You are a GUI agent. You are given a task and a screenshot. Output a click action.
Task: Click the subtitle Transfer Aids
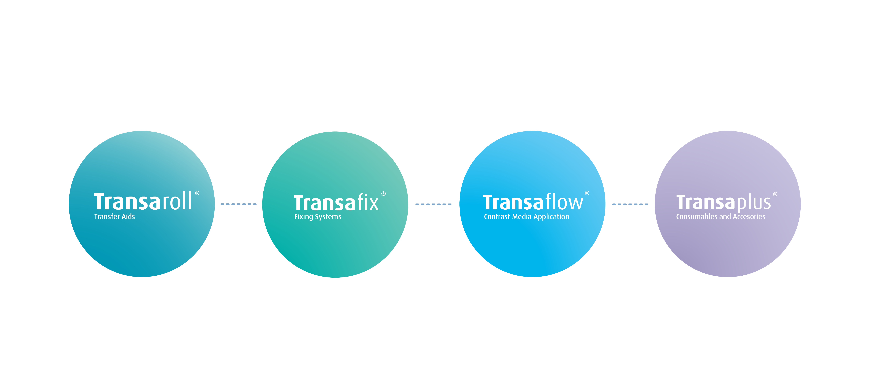[x=115, y=217]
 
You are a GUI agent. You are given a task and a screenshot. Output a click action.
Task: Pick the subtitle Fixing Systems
[x=318, y=217]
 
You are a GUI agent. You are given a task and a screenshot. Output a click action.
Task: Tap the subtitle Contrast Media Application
[x=526, y=217]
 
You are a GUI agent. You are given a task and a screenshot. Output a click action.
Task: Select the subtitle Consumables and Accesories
[x=720, y=217]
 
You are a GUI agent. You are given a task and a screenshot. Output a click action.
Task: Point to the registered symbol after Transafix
[x=383, y=194]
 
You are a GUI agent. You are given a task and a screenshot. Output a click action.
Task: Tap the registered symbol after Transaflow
[x=587, y=193]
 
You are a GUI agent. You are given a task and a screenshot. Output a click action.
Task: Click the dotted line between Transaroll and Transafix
[x=238, y=204]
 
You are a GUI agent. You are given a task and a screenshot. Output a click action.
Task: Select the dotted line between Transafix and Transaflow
[x=433, y=204]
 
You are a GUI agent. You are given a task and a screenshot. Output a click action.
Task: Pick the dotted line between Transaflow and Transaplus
[x=630, y=204]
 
